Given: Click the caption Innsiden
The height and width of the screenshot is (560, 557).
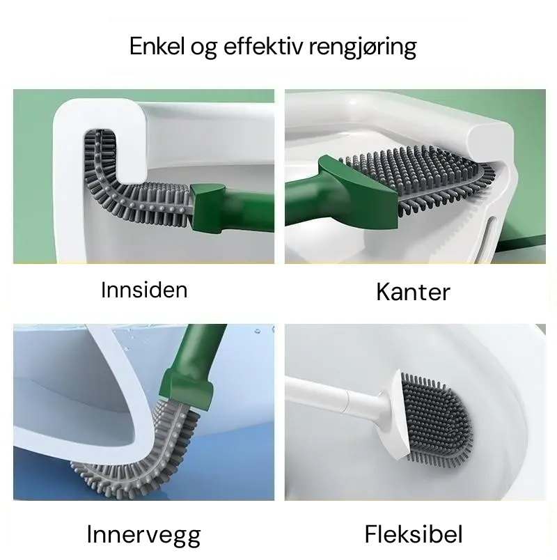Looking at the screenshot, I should tap(144, 290).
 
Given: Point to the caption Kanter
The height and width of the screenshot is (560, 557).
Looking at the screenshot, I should tap(413, 292).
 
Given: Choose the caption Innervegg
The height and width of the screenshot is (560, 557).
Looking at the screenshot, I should tap(143, 535).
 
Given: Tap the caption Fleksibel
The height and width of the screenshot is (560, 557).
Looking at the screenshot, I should tap(413, 534).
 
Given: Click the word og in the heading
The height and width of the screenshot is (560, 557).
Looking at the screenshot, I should tap(203, 48).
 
